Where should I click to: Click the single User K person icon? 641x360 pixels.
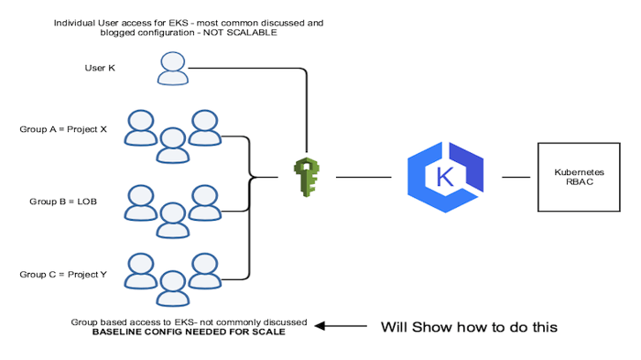tap(171, 68)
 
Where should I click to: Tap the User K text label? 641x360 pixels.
tap(99, 67)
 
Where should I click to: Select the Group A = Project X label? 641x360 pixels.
tap(63, 129)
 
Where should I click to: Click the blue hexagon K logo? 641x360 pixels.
tap(445, 176)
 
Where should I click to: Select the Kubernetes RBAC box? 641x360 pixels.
tap(572, 177)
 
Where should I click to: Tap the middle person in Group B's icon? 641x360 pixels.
tap(171, 218)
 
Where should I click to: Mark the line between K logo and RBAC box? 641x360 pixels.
tap(516, 177)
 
